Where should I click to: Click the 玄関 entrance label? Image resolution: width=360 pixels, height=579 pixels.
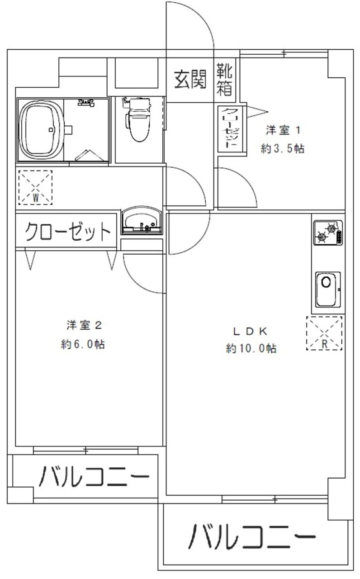click(190, 79)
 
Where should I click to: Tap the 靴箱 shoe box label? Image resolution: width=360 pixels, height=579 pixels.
click(225, 79)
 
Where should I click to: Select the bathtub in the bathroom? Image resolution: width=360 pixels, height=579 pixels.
click(41, 130)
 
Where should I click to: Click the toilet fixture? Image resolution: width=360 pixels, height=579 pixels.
click(138, 119)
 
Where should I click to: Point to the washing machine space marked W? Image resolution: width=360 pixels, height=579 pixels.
click(35, 187)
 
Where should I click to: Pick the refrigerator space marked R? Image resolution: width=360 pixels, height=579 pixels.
click(324, 333)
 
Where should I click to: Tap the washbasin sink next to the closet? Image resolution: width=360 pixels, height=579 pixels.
click(142, 220)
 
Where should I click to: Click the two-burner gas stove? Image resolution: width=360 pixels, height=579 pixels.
click(328, 233)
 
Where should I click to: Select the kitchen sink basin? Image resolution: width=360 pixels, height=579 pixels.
click(327, 289)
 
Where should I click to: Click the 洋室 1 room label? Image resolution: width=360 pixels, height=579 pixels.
click(283, 130)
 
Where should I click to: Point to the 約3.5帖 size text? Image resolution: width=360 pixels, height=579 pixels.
click(283, 149)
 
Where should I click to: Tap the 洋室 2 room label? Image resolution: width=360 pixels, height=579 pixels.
click(84, 325)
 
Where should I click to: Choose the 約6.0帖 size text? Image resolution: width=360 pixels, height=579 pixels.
click(83, 344)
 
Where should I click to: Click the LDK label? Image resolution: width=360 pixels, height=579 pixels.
click(251, 331)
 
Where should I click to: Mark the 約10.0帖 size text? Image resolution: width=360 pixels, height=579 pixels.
click(251, 348)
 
